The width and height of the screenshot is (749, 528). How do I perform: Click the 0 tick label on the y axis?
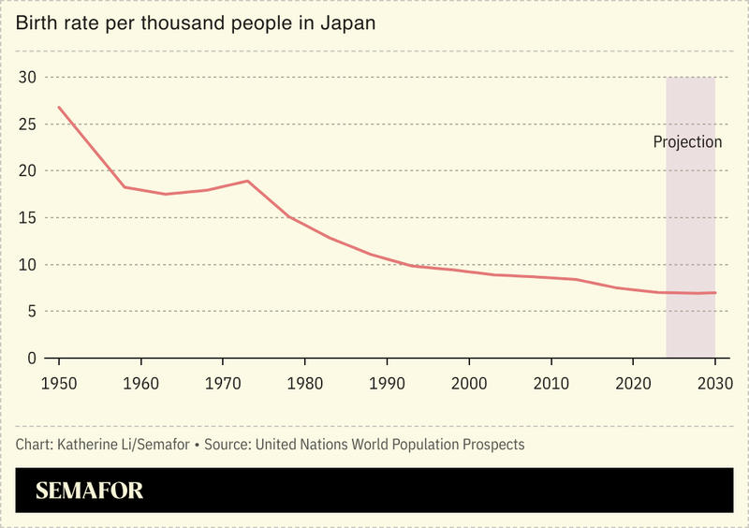[x=31, y=359]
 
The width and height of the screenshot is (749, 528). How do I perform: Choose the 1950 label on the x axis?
[x=59, y=384]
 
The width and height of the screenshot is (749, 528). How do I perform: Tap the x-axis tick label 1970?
[x=223, y=384]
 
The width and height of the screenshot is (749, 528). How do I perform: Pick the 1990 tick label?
[x=387, y=384]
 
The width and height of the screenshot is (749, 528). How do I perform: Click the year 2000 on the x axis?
[x=469, y=384]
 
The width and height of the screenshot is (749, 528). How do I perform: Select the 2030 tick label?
[x=714, y=384]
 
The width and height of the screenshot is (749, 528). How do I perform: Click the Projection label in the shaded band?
[x=687, y=142]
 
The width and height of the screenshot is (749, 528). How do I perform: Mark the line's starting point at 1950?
[x=59, y=107]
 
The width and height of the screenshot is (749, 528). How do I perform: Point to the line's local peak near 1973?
[x=247, y=181]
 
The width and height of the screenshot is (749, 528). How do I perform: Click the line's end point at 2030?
[x=715, y=293]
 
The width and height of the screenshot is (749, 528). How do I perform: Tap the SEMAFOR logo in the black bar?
[x=89, y=491]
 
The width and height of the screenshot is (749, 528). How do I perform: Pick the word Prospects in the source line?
[x=491, y=444]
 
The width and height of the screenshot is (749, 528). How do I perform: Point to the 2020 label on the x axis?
[x=633, y=384]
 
